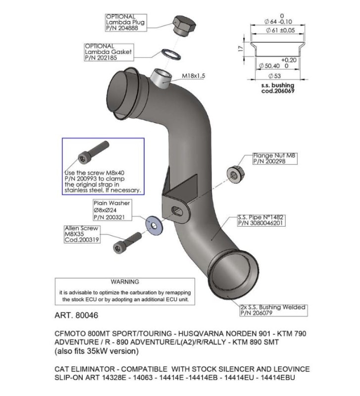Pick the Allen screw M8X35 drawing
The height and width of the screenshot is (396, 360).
point(127,243)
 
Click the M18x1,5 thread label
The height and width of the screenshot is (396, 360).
point(193,76)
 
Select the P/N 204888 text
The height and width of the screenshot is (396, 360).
point(121,29)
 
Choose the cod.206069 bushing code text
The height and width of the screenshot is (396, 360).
point(278,92)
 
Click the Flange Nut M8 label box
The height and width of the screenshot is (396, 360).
point(270,158)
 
